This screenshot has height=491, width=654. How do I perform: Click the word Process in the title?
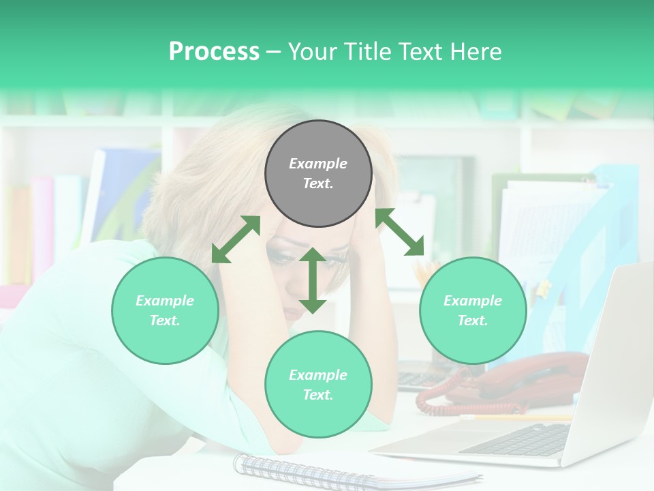214,52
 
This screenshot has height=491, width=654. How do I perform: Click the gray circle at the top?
318,173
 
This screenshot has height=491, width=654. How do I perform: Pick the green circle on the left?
165,310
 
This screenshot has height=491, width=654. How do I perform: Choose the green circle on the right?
473,310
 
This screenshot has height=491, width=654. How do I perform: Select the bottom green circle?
318,385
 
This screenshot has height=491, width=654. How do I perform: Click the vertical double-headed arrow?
313,280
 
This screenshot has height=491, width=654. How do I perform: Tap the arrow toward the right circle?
400,232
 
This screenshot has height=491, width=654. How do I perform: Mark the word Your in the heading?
310,52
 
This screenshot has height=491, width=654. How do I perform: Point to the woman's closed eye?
281,258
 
